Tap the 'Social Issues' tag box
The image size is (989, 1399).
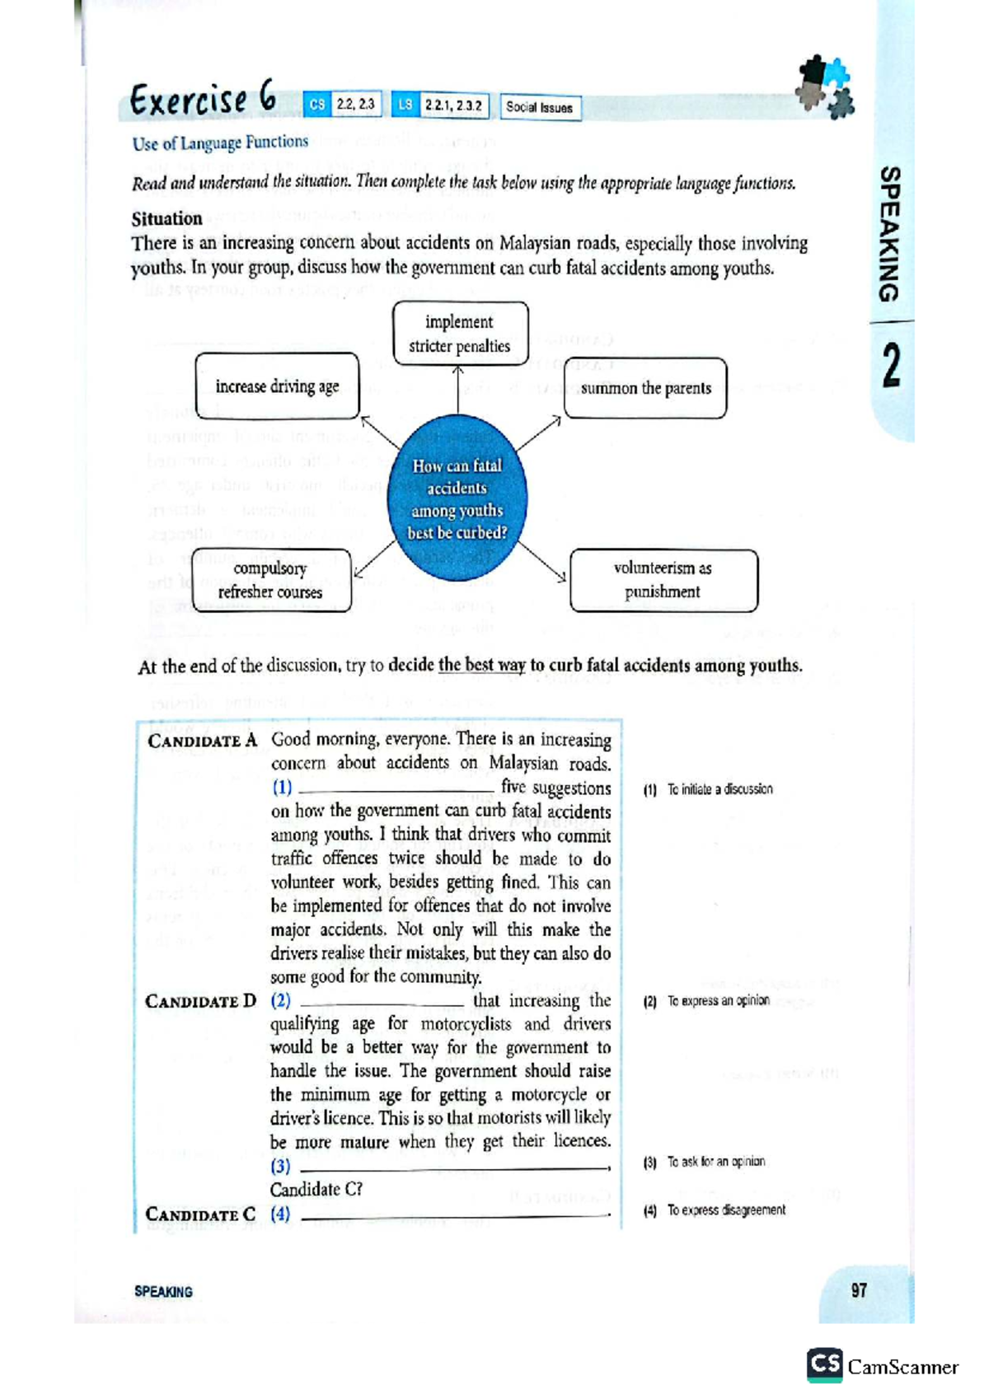click(x=540, y=107)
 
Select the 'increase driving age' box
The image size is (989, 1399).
click(x=277, y=386)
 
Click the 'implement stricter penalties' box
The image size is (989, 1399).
click(x=460, y=334)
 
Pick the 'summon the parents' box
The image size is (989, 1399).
click(x=645, y=388)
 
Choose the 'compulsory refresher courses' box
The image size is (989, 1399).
click(x=271, y=580)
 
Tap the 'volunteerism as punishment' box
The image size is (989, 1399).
click(x=663, y=580)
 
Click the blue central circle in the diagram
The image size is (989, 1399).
click(x=457, y=499)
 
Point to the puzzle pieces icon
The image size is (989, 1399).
click(x=824, y=87)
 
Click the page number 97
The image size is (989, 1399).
click(x=859, y=1290)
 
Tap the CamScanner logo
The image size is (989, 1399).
click(x=883, y=1367)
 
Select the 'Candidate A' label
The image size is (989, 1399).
click(x=203, y=741)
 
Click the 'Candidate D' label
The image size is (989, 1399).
click(x=201, y=1001)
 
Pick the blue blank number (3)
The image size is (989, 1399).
click(x=280, y=1166)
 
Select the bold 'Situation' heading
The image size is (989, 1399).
click(x=166, y=218)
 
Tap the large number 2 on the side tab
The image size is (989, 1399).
click(x=890, y=367)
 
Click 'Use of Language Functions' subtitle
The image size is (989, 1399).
click(x=220, y=143)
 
